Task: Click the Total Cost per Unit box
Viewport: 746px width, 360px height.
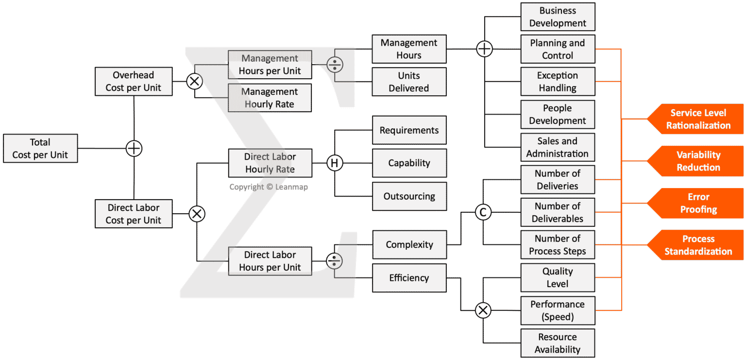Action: (x=40, y=148)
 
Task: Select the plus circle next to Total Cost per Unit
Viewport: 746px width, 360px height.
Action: (x=134, y=148)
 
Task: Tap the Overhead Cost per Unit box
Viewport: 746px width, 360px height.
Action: (x=134, y=82)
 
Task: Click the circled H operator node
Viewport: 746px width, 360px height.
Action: (x=334, y=163)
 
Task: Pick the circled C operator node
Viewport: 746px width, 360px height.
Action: (x=483, y=212)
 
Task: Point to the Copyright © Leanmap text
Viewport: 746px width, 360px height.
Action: (x=269, y=187)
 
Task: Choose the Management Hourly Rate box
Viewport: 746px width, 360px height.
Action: (x=270, y=98)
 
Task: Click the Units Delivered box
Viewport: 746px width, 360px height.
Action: (x=409, y=82)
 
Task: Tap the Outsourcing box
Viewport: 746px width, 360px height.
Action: (x=409, y=196)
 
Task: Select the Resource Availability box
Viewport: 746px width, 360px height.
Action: (x=558, y=343)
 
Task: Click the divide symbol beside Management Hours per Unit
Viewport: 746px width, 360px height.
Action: (x=334, y=65)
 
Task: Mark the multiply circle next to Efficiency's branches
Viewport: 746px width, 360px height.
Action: (x=483, y=310)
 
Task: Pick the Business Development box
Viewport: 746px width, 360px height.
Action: (x=558, y=17)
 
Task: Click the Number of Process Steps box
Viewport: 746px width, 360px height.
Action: (x=558, y=245)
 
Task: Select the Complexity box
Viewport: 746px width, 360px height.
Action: (x=409, y=244)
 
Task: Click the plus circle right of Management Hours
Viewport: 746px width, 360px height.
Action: (x=484, y=49)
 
